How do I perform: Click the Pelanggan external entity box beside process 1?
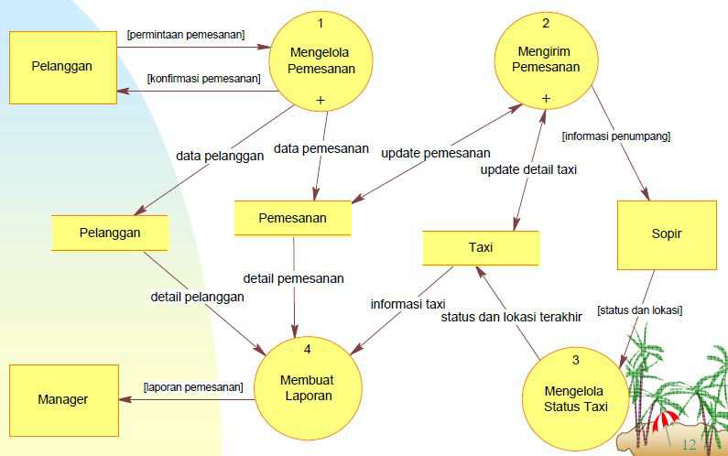click(63, 66)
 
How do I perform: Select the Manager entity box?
click(63, 399)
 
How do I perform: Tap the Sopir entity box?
click(667, 234)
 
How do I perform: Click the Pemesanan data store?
click(293, 218)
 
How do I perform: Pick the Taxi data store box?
click(481, 247)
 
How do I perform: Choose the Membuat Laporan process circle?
click(307, 388)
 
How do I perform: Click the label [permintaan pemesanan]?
click(187, 35)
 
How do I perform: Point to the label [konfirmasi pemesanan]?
click(203, 80)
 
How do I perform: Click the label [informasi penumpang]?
click(616, 136)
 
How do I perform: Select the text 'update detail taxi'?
click(528, 168)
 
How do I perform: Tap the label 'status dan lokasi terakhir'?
click(512, 318)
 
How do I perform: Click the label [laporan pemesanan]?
click(193, 386)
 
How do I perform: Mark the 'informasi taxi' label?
click(407, 304)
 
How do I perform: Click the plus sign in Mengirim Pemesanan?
click(546, 98)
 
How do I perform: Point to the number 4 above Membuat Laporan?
click(308, 349)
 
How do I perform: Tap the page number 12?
click(690, 444)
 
